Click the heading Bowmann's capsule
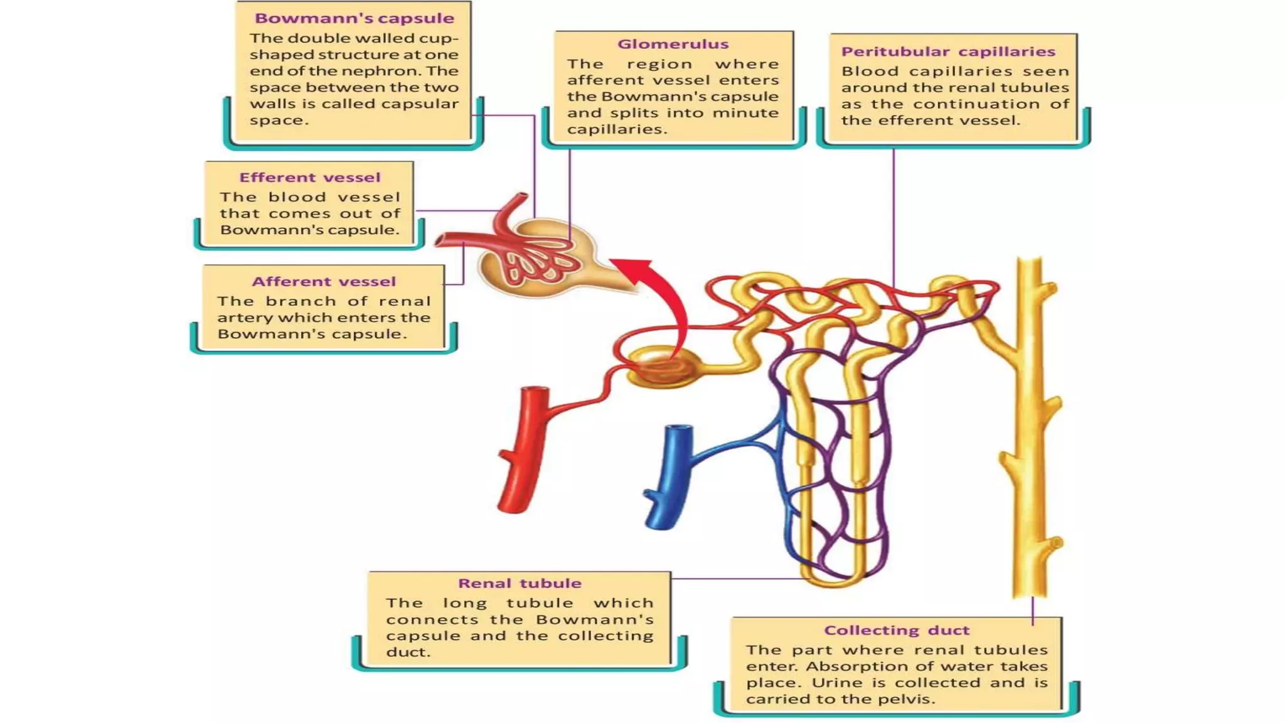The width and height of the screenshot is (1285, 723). [354, 18]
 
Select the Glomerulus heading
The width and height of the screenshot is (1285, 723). [673, 44]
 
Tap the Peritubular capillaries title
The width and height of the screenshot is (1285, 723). [948, 51]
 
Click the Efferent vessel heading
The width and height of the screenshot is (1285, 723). [309, 178]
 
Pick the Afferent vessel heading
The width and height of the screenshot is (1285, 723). [324, 282]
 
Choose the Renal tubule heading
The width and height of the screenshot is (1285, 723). [520, 583]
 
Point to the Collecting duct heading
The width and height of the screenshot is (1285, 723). [897, 630]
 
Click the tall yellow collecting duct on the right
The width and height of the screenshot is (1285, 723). [1030, 427]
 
